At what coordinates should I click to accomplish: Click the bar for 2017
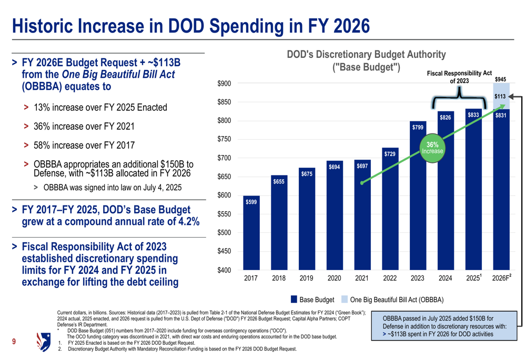tap(251, 234)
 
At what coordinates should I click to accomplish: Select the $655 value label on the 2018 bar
tap(279, 181)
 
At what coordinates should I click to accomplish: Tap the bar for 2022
tap(390, 210)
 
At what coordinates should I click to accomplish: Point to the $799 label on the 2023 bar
tap(418, 127)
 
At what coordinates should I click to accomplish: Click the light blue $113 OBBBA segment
tap(500, 97)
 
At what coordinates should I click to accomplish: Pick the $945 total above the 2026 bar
tap(501, 79)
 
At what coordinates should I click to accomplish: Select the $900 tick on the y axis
tap(224, 84)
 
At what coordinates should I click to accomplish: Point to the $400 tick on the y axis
tap(224, 270)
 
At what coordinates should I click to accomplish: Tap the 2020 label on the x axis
tap(335, 279)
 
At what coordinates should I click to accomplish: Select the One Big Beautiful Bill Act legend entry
tap(392, 300)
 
